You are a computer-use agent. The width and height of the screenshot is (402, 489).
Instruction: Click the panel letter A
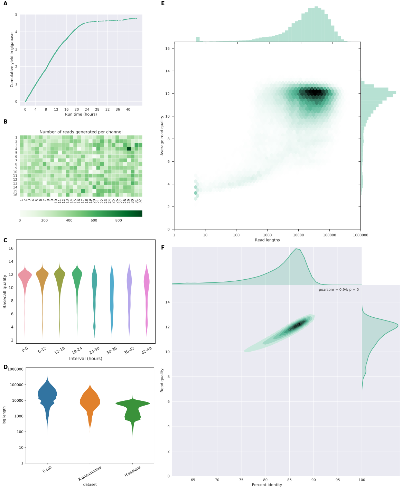point(5,4)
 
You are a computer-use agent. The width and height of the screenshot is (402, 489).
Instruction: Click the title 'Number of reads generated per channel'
point(81,132)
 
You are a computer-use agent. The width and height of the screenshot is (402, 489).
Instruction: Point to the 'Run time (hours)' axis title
point(81,114)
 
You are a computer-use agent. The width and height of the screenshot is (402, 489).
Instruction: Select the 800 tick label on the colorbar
point(119,220)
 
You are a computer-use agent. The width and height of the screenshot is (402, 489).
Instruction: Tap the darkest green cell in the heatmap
point(129,149)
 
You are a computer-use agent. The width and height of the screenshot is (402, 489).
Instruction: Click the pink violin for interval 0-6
point(25,277)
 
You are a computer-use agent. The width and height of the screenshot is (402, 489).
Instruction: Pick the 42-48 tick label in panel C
point(147,351)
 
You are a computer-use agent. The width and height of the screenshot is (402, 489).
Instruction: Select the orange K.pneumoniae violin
point(90,401)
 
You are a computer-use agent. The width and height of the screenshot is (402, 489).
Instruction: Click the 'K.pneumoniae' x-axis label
point(90,473)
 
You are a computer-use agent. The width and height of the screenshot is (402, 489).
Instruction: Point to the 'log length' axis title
point(4,415)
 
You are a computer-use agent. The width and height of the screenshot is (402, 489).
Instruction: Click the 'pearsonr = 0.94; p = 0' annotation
point(338,290)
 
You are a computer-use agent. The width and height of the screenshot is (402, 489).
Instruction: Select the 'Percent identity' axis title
point(267,485)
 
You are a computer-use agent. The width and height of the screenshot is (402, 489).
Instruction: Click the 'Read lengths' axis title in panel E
point(267,240)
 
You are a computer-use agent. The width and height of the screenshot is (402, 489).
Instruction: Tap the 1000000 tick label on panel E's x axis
point(361,235)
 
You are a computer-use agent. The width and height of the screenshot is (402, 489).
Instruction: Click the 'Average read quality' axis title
point(162,136)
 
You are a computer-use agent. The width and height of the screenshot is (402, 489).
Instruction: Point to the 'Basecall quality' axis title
point(5,291)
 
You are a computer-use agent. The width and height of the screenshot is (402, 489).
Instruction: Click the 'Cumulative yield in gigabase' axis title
point(12,60)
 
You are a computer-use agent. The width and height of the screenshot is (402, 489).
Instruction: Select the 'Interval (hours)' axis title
point(86,359)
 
